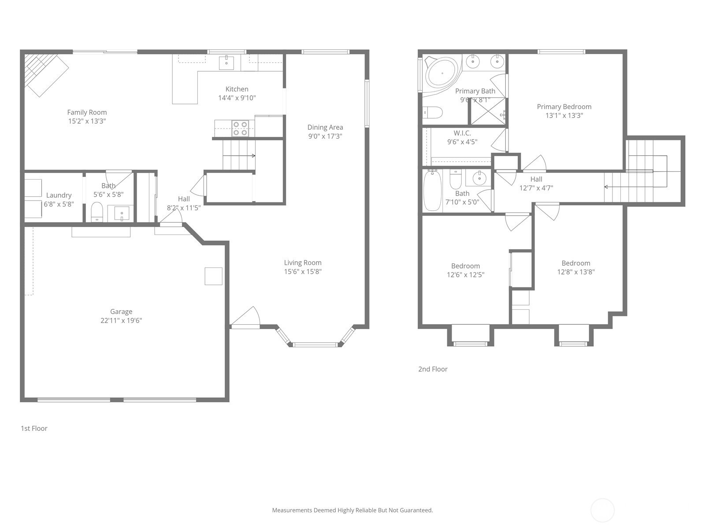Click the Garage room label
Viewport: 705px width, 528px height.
(x=121, y=311)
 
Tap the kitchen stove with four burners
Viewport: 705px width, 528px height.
(x=240, y=128)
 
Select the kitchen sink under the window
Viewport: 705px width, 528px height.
(x=226, y=62)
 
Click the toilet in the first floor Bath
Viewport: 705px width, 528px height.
(x=96, y=212)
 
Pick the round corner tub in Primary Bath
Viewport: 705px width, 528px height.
(x=442, y=73)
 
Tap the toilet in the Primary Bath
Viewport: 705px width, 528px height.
(x=433, y=113)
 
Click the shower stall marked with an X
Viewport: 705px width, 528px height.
(x=488, y=111)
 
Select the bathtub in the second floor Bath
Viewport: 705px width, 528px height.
(x=432, y=191)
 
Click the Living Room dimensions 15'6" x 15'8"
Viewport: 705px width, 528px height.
(x=303, y=271)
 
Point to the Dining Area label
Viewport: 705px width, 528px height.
(x=325, y=127)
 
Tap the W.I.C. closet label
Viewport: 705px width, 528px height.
(x=462, y=133)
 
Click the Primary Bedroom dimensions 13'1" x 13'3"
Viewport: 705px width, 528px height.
(x=564, y=115)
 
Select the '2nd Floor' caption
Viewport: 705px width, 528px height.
(x=433, y=369)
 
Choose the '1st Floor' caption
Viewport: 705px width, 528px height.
(x=34, y=428)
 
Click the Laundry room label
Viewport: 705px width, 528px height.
(x=59, y=195)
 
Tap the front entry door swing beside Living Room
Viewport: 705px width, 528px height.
(x=245, y=317)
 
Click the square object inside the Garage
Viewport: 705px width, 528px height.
(x=214, y=276)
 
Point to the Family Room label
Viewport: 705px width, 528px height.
(x=87, y=113)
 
